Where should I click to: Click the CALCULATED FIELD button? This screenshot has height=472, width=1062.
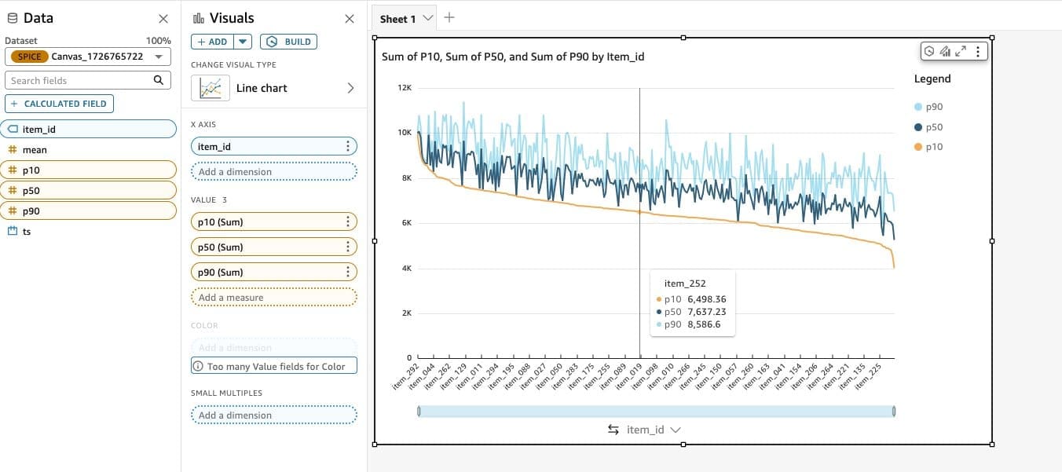tap(60, 104)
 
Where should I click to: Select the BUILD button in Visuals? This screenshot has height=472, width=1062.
tap(288, 42)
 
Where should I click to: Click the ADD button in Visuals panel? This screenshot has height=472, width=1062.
tap(211, 42)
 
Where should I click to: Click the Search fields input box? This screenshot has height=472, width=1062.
tap(79, 80)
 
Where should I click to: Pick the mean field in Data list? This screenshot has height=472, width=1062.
tap(35, 149)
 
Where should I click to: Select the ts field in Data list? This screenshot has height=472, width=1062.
tap(27, 232)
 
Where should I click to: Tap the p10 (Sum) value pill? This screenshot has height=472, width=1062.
tap(267, 222)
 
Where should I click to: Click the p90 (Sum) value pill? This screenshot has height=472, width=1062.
tap(267, 273)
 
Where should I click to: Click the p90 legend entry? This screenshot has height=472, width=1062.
tap(933, 107)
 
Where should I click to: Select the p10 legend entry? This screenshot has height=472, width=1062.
tap(933, 147)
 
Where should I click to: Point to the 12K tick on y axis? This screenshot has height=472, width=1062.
tap(405, 88)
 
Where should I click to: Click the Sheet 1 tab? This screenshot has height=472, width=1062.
tap(398, 19)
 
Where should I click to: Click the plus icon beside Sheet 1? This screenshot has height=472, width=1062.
tap(449, 17)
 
